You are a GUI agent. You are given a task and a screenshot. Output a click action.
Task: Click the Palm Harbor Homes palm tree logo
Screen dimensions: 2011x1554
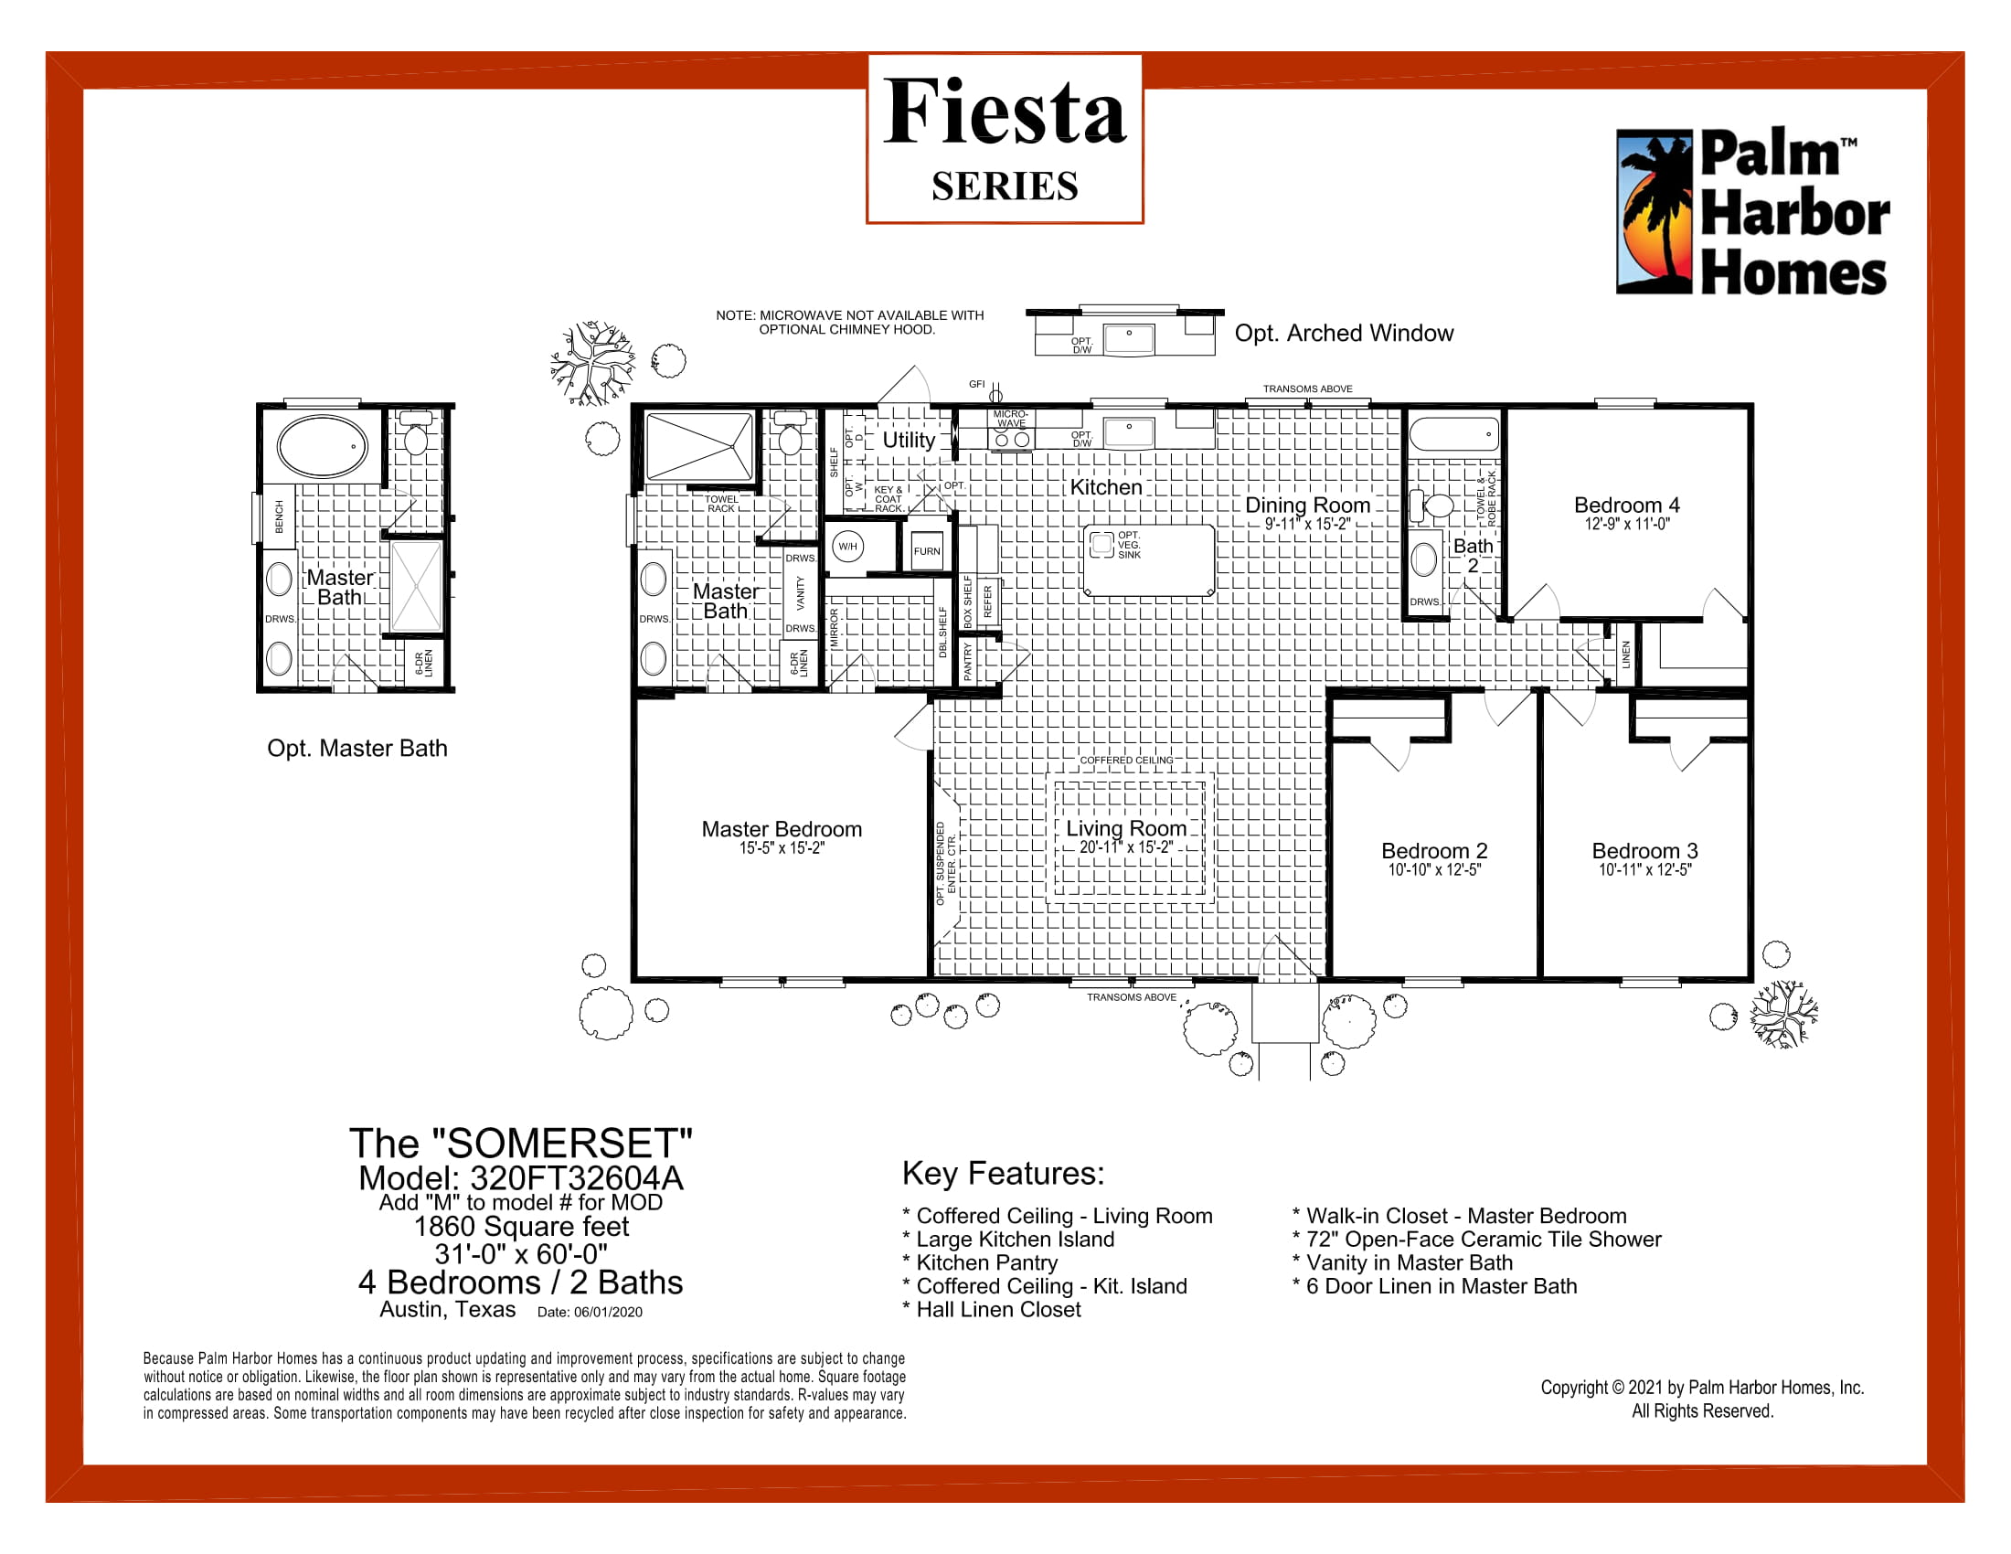pos(1655,212)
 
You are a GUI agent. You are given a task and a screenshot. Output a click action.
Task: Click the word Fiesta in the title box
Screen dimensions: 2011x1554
pos(1005,112)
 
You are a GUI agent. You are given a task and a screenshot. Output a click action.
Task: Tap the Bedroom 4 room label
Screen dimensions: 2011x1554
pos(1626,505)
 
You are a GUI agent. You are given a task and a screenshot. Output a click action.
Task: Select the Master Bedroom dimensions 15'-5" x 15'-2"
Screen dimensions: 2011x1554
pos(782,848)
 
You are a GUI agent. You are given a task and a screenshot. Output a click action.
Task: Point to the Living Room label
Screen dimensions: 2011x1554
pos(1126,827)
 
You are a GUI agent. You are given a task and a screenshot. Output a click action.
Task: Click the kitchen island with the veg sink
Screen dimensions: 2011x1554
pos(1149,559)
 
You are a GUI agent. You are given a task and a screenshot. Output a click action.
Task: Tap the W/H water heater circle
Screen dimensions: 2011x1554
pos(847,547)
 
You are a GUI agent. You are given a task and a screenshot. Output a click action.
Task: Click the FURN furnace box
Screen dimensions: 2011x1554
pos(926,550)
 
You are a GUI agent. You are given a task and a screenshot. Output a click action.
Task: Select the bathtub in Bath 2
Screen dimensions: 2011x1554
pos(1455,432)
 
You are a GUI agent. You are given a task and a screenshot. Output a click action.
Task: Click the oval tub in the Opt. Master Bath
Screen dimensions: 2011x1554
pos(323,446)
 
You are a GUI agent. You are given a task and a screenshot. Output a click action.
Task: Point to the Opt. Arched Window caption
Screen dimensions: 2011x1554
pos(1344,334)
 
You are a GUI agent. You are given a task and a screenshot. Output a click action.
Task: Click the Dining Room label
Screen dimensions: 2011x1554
pos(1307,505)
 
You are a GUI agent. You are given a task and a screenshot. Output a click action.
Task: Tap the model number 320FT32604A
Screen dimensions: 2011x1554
pos(577,1177)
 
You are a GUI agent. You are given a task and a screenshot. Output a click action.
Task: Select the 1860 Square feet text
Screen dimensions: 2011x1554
pos(521,1226)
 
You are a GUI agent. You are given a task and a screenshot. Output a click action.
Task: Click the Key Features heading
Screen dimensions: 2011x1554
pos(1003,1173)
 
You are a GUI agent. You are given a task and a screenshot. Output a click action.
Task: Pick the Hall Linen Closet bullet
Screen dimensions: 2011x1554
pos(992,1309)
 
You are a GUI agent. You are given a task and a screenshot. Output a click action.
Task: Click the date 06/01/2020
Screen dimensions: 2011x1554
pos(608,1312)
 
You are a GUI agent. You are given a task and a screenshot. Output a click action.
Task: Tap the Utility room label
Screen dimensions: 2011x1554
pos(909,440)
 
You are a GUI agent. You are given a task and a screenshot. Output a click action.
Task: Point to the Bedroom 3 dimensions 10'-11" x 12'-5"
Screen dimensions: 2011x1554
pos(1644,870)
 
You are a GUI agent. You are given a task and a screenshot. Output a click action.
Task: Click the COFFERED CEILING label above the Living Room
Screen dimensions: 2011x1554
pos(1126,760)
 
